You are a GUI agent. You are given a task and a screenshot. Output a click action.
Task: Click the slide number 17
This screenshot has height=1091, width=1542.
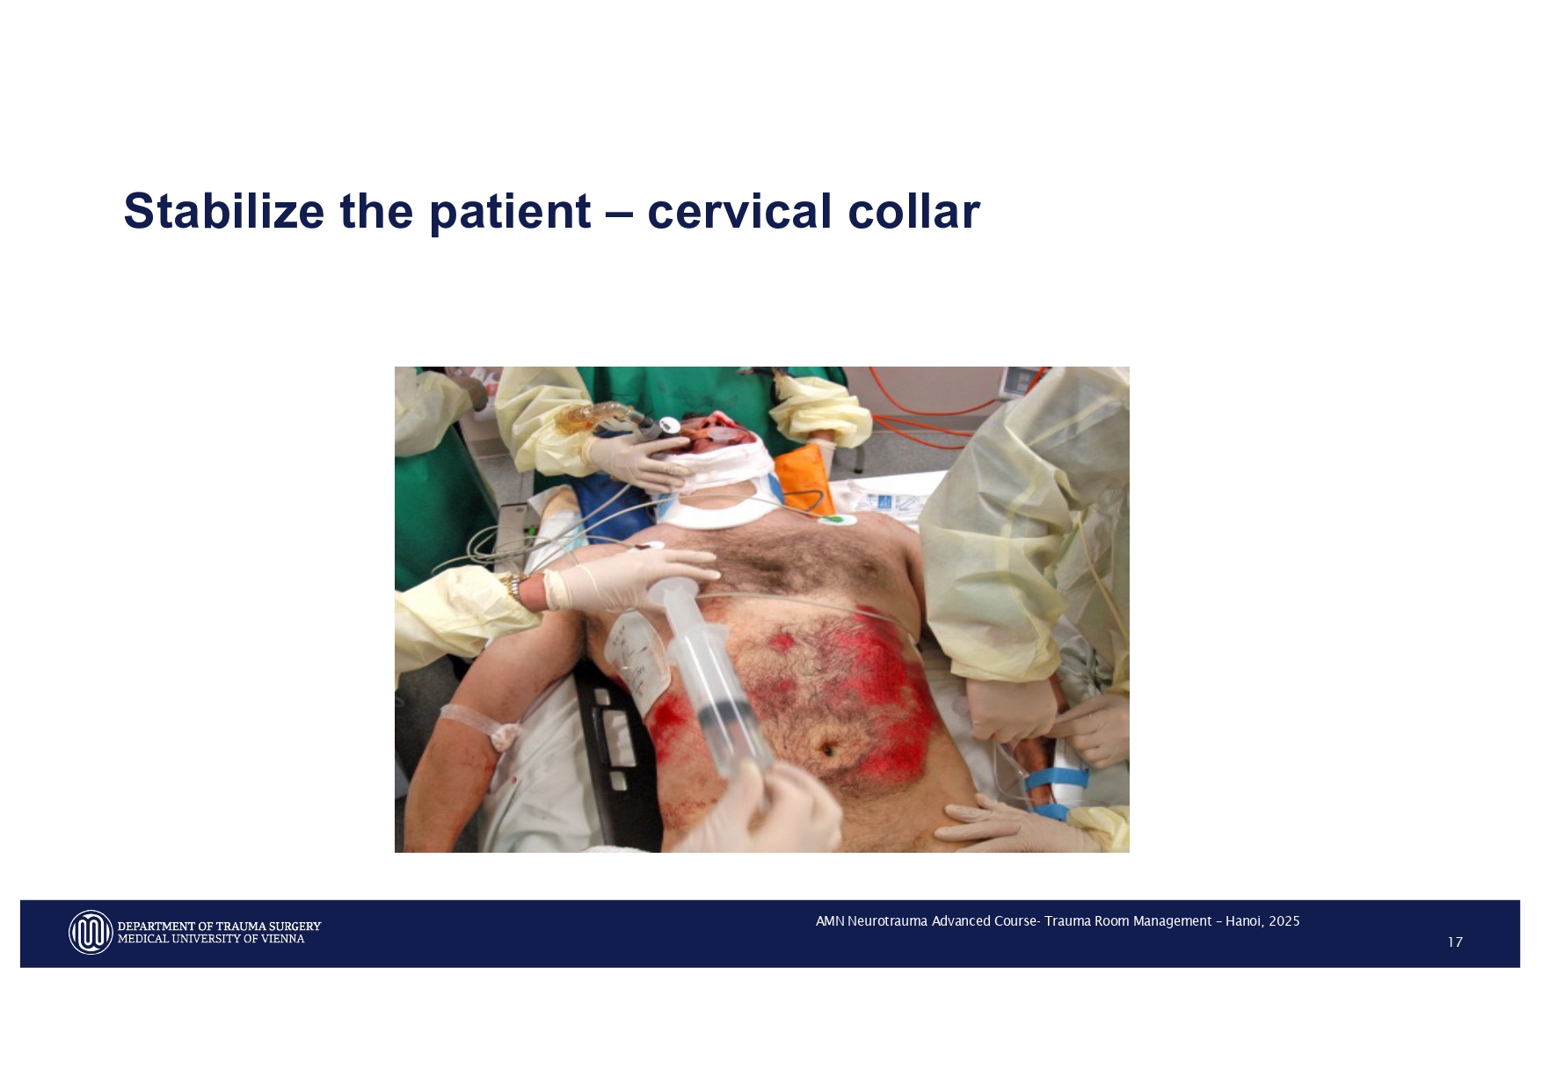1454,942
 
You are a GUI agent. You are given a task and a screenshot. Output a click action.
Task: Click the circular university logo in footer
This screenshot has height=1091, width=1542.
91,932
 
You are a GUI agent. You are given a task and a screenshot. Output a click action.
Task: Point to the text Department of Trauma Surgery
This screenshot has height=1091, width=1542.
219,926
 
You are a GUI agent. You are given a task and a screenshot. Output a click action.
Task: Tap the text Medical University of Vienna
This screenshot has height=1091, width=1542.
211,939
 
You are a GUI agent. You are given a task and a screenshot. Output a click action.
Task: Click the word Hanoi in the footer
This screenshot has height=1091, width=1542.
1242,921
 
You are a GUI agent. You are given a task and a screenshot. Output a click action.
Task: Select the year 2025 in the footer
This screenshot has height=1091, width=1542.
1284,921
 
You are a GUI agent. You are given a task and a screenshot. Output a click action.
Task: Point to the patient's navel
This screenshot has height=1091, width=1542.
827,750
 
